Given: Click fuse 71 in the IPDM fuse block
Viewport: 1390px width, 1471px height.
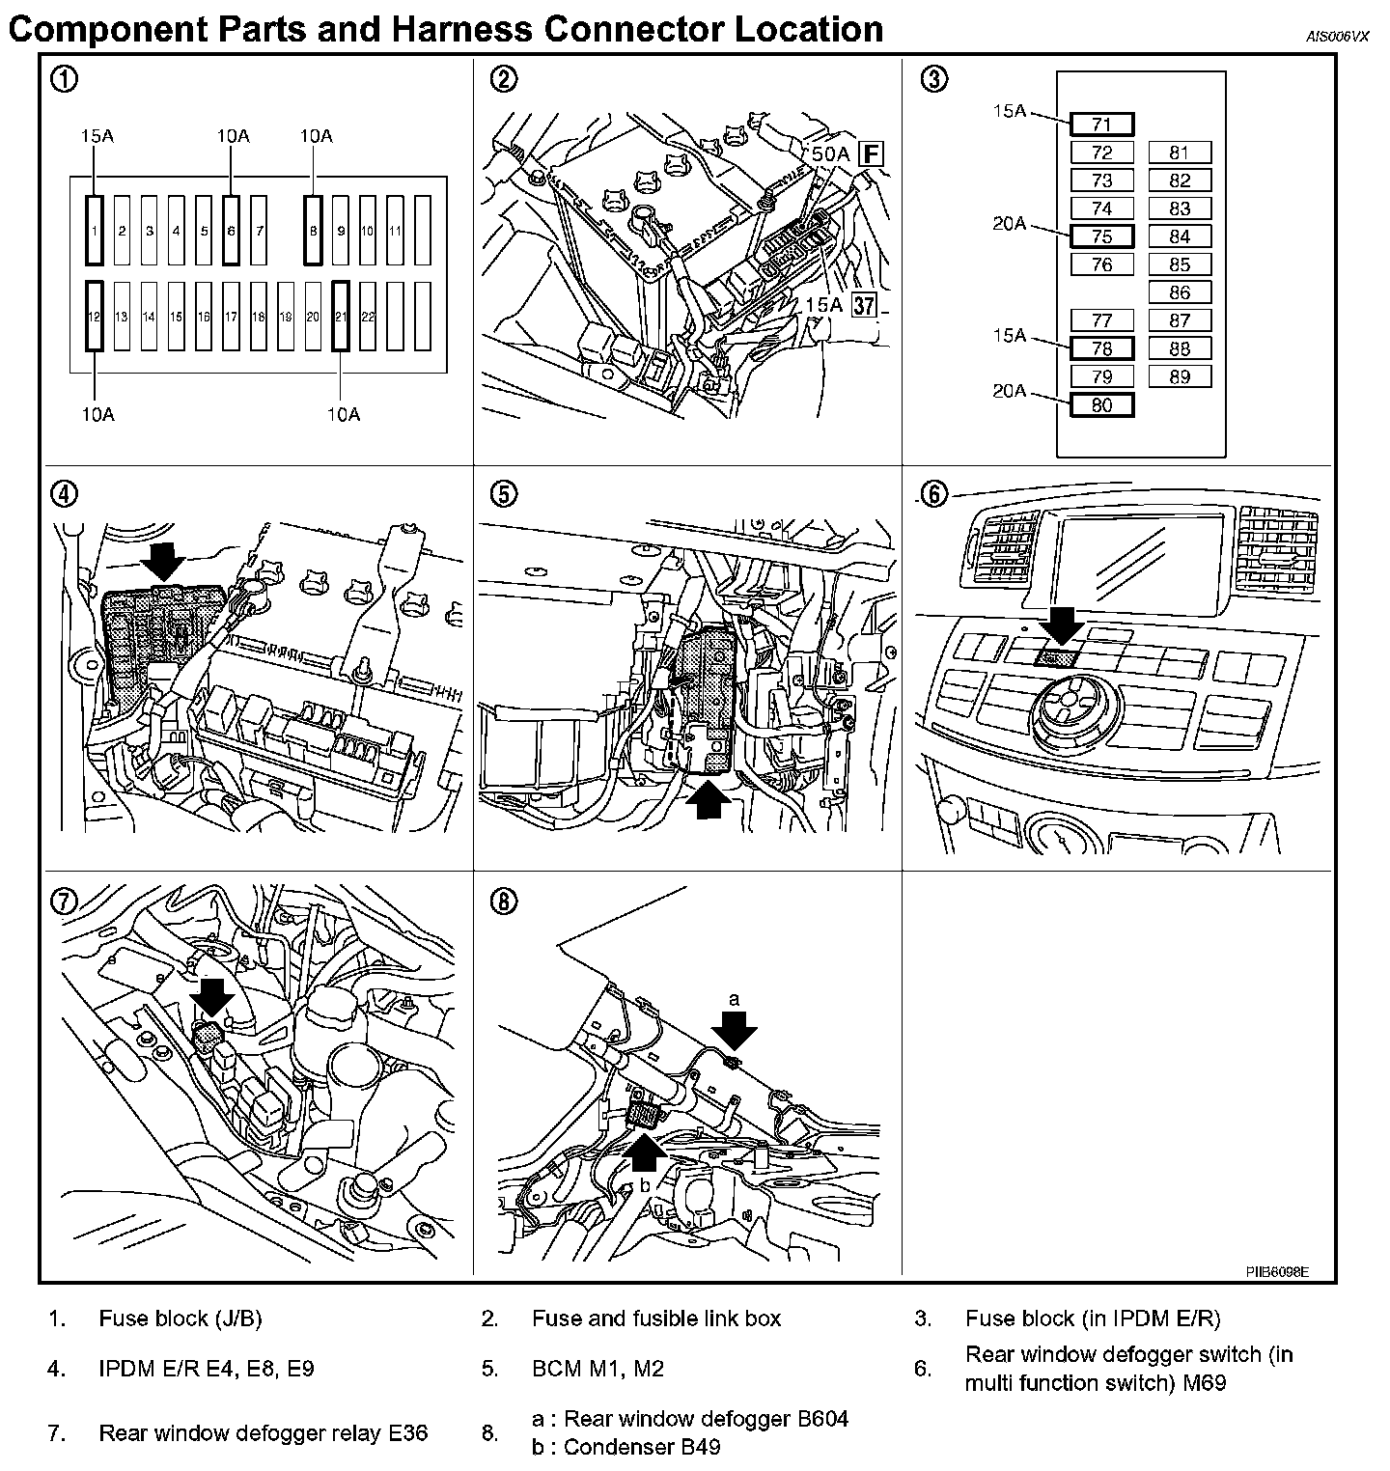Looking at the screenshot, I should point(1101,125).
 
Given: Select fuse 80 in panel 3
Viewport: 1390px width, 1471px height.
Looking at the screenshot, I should point(1101,405).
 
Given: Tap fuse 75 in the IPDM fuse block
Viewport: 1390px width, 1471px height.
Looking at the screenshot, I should point(1101,236).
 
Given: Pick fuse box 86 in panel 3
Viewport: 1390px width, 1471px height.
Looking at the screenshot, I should point(1180,292).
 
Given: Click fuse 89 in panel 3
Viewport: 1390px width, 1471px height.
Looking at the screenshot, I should point(1180,377).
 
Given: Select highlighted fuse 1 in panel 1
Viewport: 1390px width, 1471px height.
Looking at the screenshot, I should point(94,230).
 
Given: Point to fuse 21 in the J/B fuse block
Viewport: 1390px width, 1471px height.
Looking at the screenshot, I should point(341,316).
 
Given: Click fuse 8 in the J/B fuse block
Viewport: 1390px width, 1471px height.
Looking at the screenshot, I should point(313,230).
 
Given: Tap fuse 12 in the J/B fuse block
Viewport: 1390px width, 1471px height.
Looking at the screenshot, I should point(94,316).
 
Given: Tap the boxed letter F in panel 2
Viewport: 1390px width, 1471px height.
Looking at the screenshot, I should point(872,153).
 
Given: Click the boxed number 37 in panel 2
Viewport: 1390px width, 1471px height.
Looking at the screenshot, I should point(865,306).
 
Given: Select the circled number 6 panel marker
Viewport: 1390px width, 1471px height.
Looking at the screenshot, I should point(933,494).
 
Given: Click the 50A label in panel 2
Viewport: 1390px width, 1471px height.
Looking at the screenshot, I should point(829,153).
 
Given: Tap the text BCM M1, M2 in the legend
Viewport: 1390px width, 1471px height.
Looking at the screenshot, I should point(598,1369).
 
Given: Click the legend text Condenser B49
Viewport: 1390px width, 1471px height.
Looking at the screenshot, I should point(642,1447).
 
